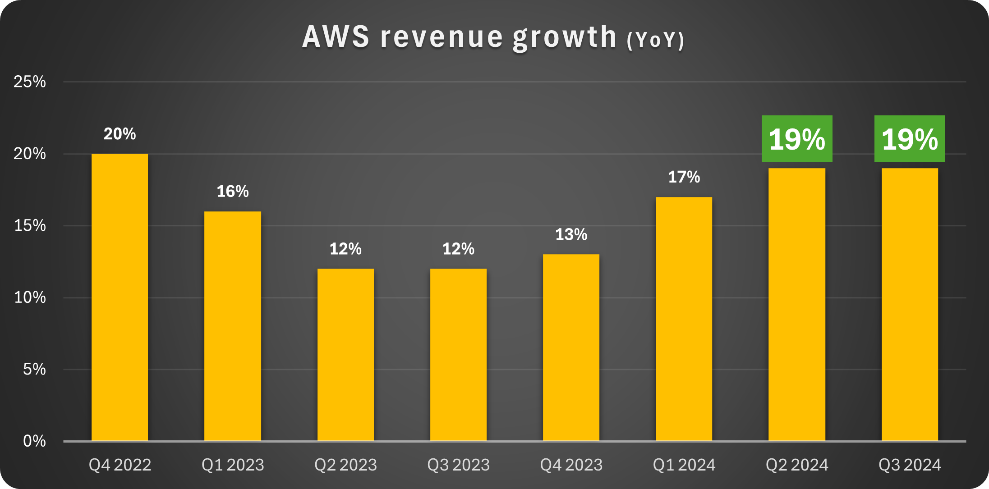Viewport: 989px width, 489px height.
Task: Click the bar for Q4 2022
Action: pyautogui.click(x=120, y=297)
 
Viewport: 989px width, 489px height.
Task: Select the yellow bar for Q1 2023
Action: pyautogui.click(x=233, y=326)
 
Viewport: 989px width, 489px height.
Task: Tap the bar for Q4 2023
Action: pyautogui.click(x=571, y=347)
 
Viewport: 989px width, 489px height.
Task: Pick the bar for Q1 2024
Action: pyautogui.click(x=684, y=319)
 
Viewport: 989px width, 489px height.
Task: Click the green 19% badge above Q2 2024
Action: pyautogui.click(x=797, y=139)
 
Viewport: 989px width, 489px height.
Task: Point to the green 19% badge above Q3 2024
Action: pyautogui.click(x=910, y=139)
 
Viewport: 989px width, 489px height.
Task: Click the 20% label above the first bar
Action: pyautogui.click(x=120, y=134)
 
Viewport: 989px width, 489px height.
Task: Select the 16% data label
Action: pyautogui.click(x=233, y=192)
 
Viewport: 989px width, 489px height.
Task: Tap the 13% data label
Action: pyautogui.click(x=571, y=235)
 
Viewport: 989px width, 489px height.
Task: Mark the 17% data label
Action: pyautogui.click(x=684, y=177)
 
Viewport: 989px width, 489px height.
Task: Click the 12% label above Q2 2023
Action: pyautogui.click(x=345, y=249)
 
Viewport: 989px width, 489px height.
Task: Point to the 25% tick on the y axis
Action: pyautogui.click(x=30, y=82)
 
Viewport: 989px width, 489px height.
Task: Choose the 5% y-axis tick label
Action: pyautogui.click(x=34, y=369)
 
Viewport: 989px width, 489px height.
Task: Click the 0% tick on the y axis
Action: pyautogui.click(x=34, y=441)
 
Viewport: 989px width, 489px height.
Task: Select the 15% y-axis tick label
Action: pyautogui.click(x=30, y=225)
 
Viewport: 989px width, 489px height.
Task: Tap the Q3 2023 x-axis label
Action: pyautogui.click(x=458, y=465)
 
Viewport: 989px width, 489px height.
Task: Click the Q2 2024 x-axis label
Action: pyautogui.click(x=797, y=465)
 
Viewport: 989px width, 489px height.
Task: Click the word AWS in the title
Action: pyautogui.click(x=336, y=37)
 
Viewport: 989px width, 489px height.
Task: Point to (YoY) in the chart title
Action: pyautogui.click(x=655, y=40)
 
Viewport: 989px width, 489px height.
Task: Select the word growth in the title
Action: pyautogui.click(x=565, y=38)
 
